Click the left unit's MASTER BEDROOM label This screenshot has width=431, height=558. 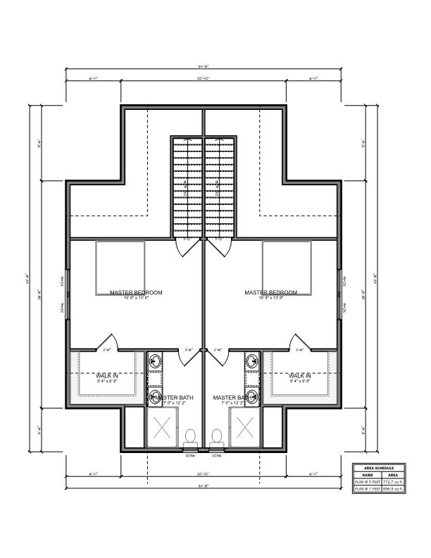(136, 292)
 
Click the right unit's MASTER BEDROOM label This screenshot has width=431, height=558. (270, 292)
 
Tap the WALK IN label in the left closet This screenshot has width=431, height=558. (107, 376)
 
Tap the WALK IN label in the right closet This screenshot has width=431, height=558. (299, 376)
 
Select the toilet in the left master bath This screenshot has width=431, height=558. (190, 438)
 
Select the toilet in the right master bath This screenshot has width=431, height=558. (217, 438)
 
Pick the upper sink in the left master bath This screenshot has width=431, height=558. (156, 363)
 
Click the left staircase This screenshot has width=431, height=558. (188, 187)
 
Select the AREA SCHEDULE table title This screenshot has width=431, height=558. (380, 467)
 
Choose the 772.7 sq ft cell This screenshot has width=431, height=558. (394, 481)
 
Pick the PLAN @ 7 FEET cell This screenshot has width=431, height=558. (367, 488)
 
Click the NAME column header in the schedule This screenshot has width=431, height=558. (367, 474)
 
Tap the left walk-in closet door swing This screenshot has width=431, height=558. (108, 341)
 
